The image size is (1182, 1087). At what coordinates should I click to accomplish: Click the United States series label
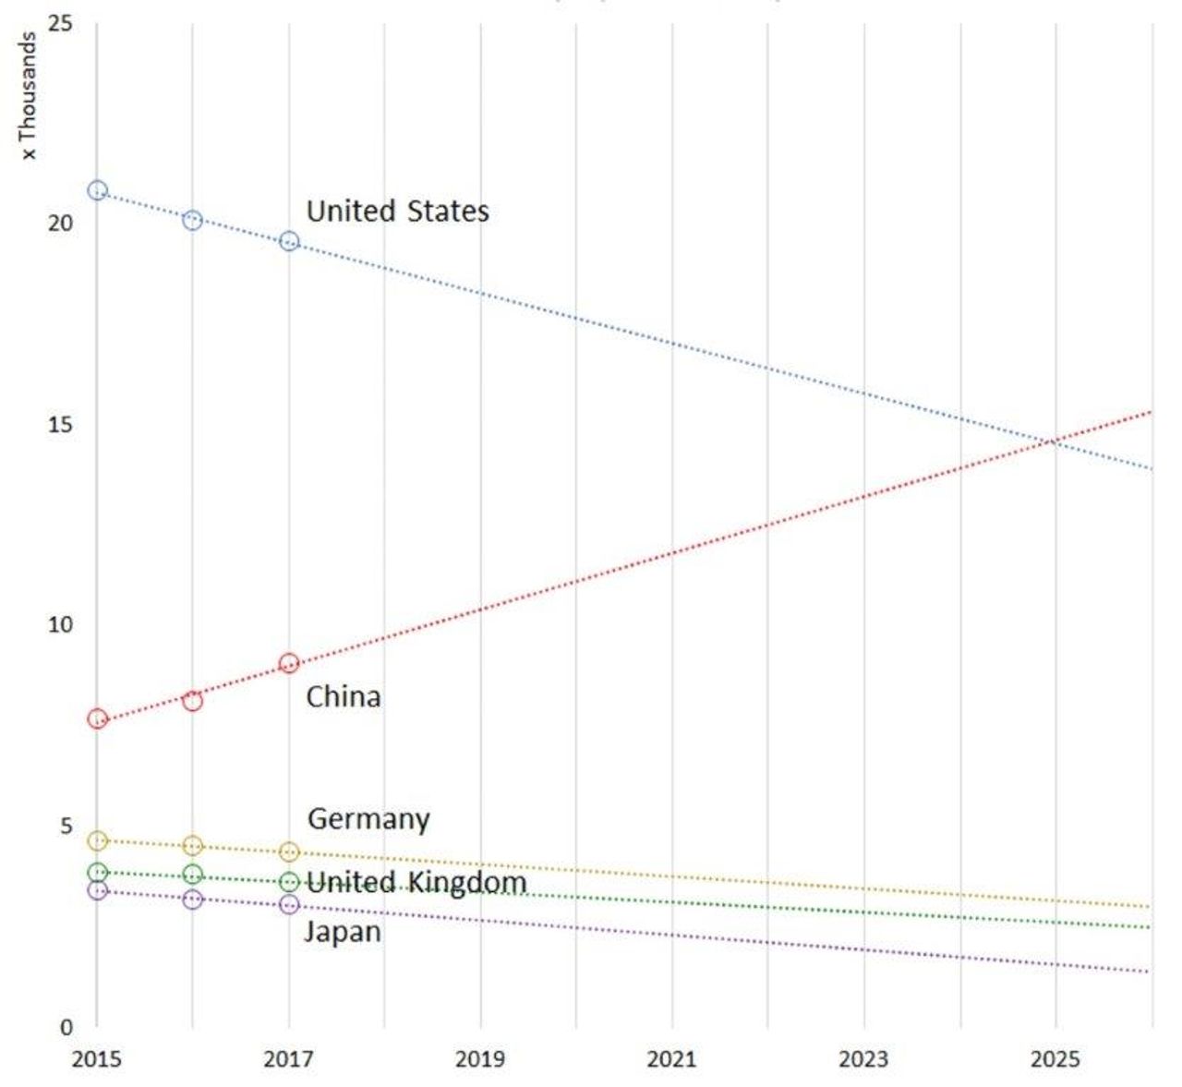click(397, 211)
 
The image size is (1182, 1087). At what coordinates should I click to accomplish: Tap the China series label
click(343, 696)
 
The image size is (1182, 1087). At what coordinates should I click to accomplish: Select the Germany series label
click(368, 819)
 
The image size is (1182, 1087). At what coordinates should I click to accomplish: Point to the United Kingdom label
click(416, 882)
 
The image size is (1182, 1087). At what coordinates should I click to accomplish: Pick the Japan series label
click(343, 932)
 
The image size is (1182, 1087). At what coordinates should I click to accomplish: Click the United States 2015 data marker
click(97, 190)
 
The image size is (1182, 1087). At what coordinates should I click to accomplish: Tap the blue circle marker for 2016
click(192, 220)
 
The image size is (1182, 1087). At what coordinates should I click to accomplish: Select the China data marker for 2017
click(289, 663)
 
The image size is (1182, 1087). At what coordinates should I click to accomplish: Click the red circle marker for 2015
click(97, 719)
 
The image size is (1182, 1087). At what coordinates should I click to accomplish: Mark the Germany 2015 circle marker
click(97, 840)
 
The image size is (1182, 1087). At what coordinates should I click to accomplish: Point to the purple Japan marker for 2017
click(289, 904)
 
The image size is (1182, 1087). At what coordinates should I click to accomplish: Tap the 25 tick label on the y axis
click(61, 22)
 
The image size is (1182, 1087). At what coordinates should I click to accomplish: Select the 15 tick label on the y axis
click(61, 424)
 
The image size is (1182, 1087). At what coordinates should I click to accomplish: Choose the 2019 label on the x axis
click(479, 1058)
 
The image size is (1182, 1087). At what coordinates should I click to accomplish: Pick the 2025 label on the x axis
click(1055, 1058)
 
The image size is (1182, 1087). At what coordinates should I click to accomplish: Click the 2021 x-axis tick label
click(671, 1058)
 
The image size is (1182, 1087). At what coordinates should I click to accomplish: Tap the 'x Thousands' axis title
click(29, 96)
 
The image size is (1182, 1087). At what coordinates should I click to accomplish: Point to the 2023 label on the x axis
click(863, 1058)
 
